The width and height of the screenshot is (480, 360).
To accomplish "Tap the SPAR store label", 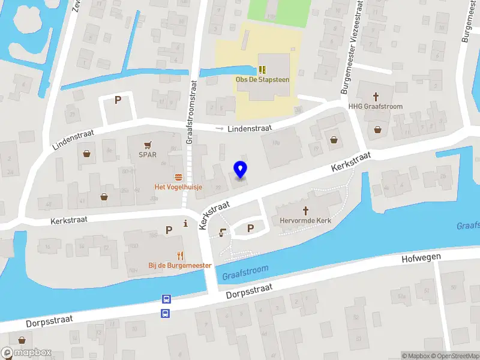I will (x=147, y=154).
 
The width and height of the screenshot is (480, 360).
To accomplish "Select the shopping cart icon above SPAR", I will (x=148, y=145).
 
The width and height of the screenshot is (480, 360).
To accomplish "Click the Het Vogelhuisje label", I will (x=178, y=187).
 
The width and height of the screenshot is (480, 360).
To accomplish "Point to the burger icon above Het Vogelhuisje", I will (x=178, y=177).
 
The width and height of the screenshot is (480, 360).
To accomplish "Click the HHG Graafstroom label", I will (x=376, y=106).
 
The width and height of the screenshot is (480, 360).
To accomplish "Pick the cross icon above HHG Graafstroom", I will (x=376, y=96).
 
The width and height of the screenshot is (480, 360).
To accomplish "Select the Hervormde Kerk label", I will (x=305, y=220).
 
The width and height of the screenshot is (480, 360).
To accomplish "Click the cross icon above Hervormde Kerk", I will (x=305, y=211).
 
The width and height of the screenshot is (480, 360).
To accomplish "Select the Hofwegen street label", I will (x=421, y=258).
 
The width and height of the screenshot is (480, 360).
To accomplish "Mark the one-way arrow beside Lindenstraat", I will (x=220, y=128).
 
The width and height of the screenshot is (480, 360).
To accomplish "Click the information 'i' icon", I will (x=186, y=224).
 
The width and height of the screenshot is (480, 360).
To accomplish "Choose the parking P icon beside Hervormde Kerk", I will (x=251, y=227).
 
